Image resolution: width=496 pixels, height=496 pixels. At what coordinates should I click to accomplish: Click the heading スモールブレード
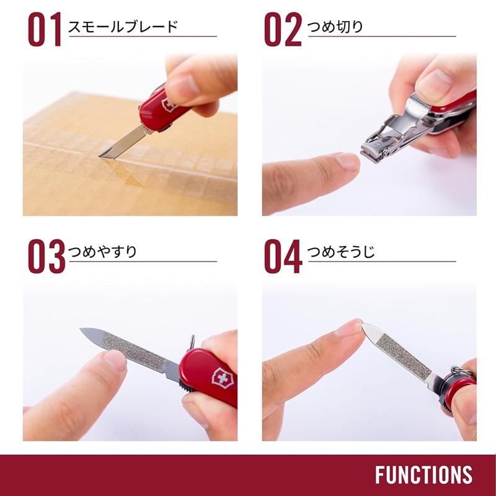click(122, 27)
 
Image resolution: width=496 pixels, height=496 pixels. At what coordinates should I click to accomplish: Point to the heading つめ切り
click(335, 27)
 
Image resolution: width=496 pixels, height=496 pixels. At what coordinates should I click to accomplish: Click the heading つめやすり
click(102, 252)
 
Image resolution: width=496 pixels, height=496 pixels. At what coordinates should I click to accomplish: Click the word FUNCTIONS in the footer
click(423, 475)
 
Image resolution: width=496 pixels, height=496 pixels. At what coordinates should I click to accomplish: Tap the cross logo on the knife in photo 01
click(167, 104)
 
